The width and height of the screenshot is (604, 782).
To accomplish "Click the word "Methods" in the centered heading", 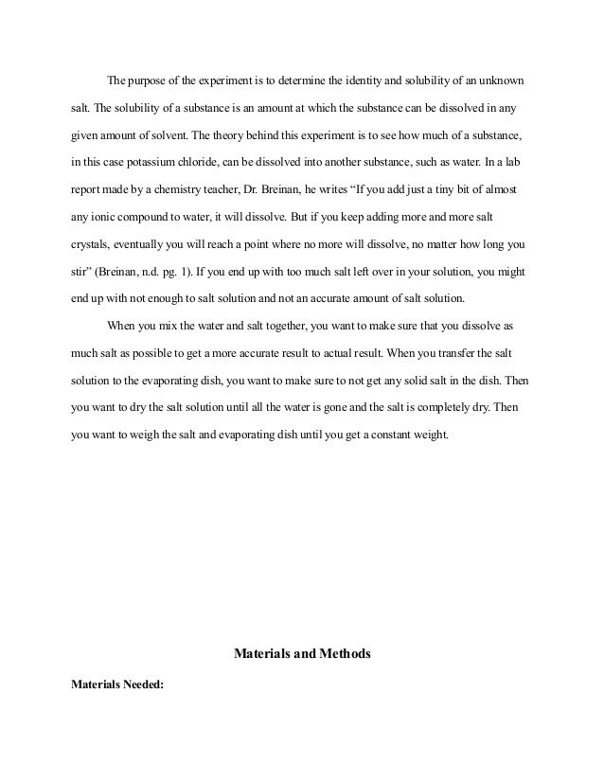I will point(344,653).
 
